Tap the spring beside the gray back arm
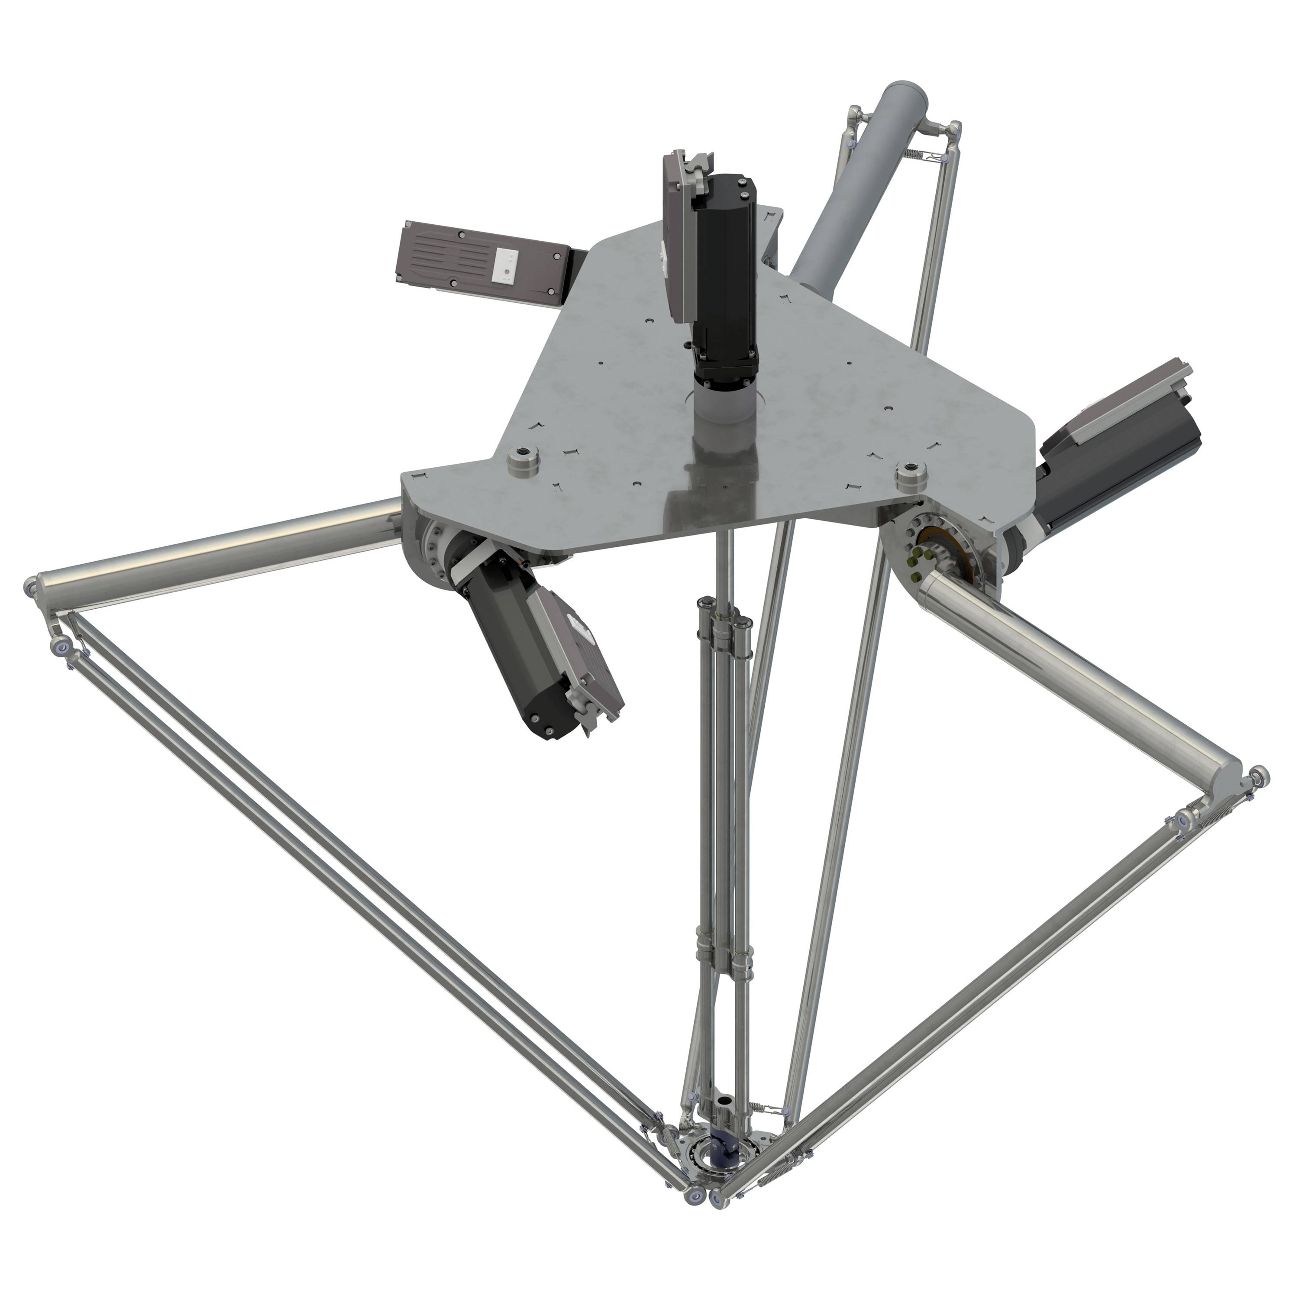click(911, 154)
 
